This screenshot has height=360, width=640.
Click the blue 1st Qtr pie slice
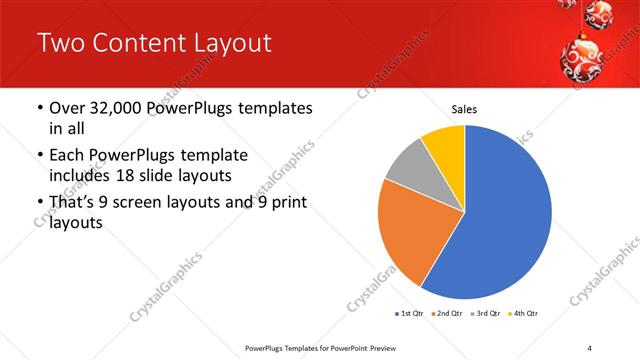[x=505, y=215]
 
